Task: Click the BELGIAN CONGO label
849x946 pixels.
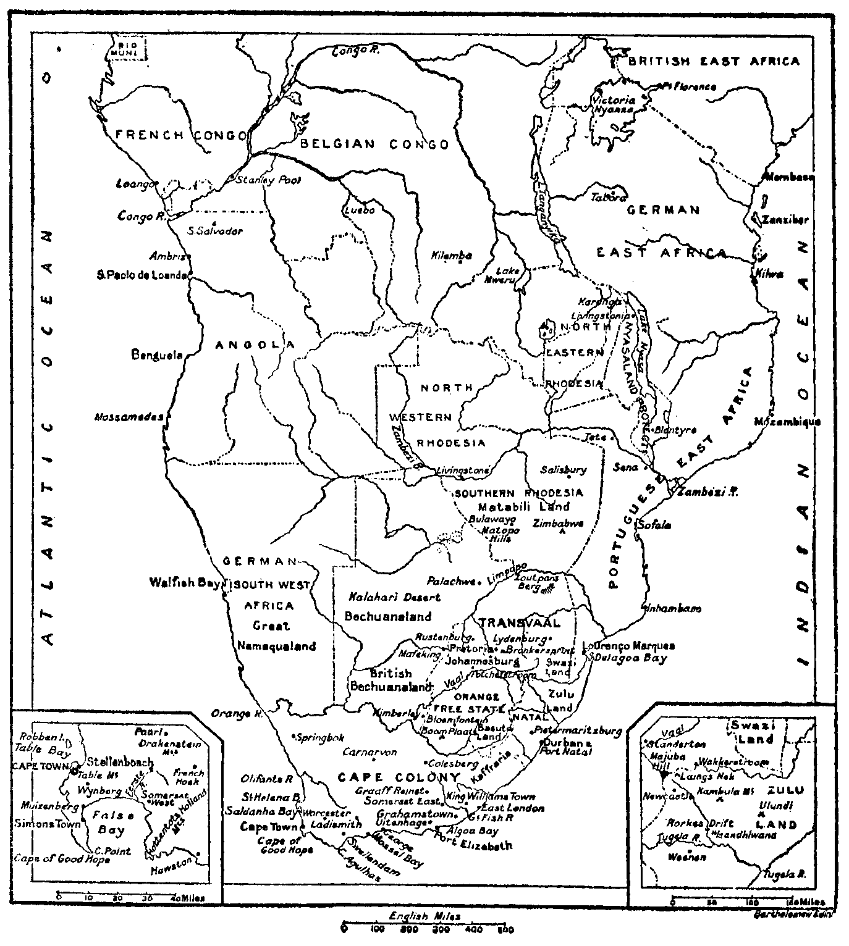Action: coord(374,144)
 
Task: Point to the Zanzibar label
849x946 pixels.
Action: coord(785,220)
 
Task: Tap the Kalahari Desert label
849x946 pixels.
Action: coord(394,597)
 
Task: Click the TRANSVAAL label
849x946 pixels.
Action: coord(519,622)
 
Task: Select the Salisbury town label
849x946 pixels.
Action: coord(563,470)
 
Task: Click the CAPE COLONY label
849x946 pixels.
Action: coord(399,777)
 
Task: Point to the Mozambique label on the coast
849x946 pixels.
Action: coord(787,422)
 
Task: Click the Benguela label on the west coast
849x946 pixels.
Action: coord(157,355)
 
